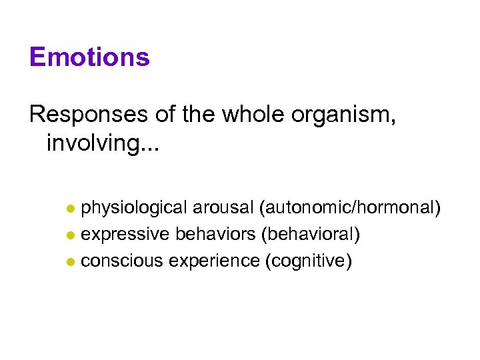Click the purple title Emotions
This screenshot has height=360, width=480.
(89, 57)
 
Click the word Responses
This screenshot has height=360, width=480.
(88, 115)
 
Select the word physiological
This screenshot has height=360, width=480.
(134, 209)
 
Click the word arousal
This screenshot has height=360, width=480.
(223, 209)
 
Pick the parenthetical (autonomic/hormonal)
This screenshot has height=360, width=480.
(351, 209)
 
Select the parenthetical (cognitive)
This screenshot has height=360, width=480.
(308, 261)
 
